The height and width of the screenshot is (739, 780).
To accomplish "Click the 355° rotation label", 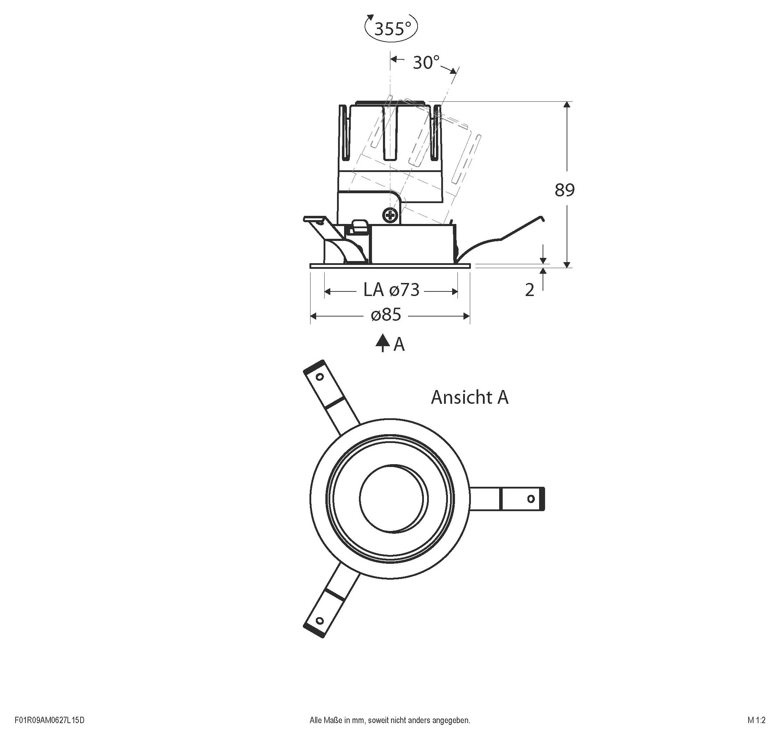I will pos(392,29).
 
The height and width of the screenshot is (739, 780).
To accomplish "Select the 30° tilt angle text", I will pos(426,63).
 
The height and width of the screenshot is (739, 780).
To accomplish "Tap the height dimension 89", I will pos(565,190).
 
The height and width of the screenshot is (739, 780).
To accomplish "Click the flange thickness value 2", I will pos(530,290).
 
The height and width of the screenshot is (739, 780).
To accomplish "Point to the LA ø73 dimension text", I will pos(391,290).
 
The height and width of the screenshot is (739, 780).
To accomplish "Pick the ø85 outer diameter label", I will pos(386,315).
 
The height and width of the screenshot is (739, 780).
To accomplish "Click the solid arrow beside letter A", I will pos(382,343).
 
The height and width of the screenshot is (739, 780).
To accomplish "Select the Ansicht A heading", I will pos(469,397).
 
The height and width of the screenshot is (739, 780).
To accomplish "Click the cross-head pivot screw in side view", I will pos(390,215).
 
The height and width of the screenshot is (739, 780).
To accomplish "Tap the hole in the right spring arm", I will pos(531,499).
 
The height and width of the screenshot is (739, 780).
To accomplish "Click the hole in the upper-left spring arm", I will pos(320,377).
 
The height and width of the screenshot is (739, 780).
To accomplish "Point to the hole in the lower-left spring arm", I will pos(320,621).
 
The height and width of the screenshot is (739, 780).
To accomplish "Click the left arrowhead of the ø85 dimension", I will pos(314,316).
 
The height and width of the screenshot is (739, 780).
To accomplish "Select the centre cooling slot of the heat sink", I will pos(390,132).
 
